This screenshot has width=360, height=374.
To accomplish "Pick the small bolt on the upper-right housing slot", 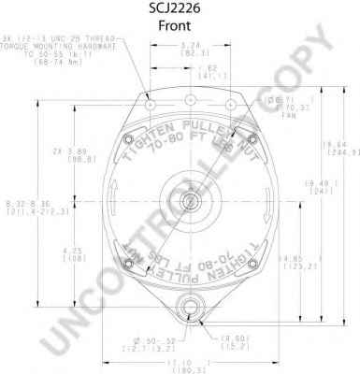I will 250,140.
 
